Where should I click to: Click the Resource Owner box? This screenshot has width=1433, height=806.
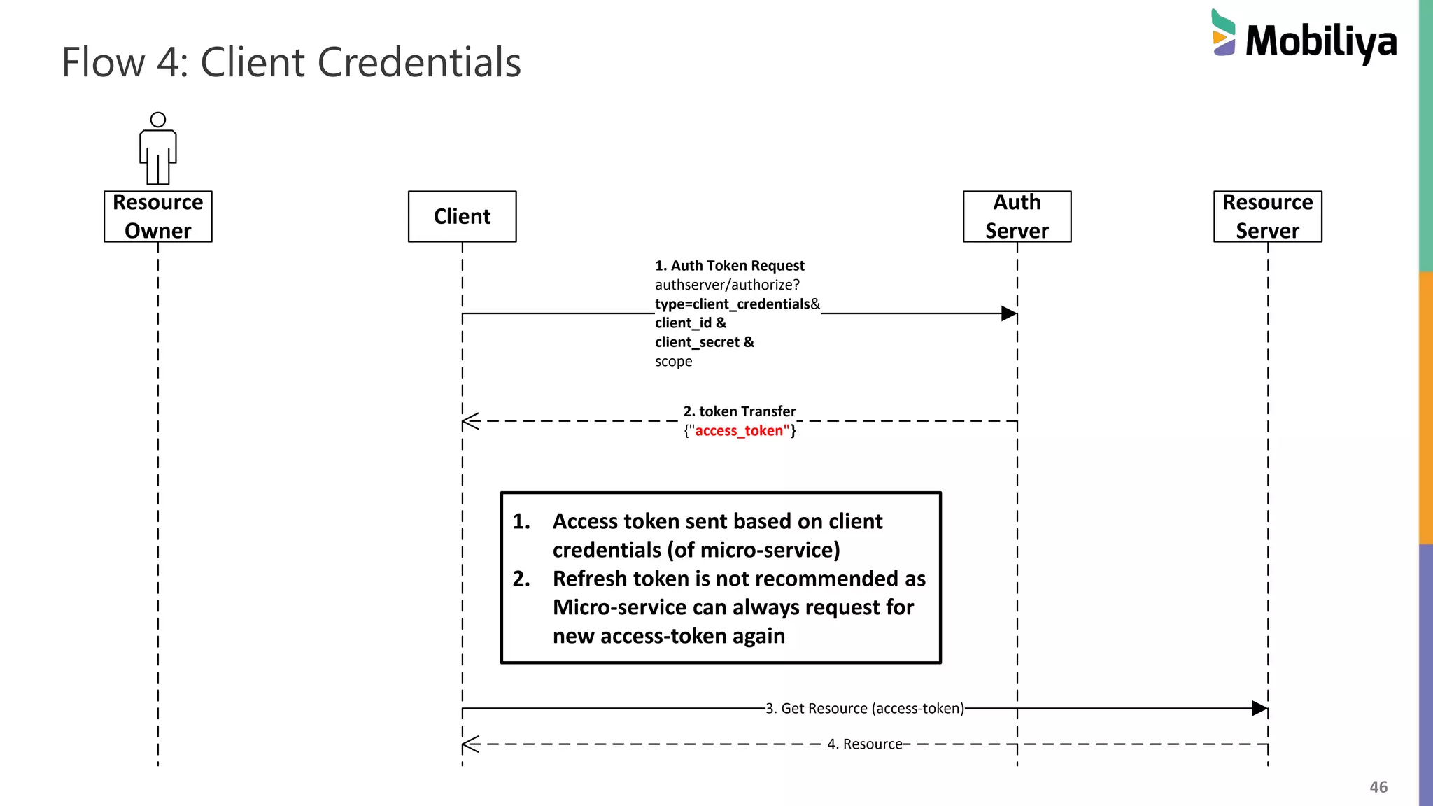pyautogui.click(x=157, y=216)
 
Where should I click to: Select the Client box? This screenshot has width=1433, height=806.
pyautogui.click(x=462, y=216)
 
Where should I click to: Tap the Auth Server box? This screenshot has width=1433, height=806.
pyautogui.click(x=1017, y=216)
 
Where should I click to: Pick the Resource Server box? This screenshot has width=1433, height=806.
pyautogui.click(x=1267, y=216)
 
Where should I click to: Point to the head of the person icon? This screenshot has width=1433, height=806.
pyautogui.click(x=158, y=120)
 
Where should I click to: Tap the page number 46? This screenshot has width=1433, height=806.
pyautogui.click(x=1378, y=787)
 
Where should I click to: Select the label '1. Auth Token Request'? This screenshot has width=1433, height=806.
pyautogui.click(x=729, y=266)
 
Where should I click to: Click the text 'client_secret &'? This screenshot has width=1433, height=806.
pyautogui.click(x=704, y=342)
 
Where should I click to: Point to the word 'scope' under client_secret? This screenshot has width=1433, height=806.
pyautogui.click(x=673, y=362)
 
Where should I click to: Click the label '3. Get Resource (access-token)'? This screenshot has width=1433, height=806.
pyautogui.click(x=864, y=708)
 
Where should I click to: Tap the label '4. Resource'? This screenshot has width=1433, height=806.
pyautogui.click(x=864, y=744)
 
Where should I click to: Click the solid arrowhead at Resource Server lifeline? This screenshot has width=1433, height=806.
pyautogui.click(x=1259, y=708)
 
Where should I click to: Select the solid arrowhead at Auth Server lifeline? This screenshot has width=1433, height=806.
pyautogui.click(x=1008, y=313)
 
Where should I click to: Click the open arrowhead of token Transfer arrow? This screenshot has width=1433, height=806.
pyautogui.click(x=470, y=421)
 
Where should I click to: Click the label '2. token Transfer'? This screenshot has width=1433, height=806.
pyautogui.click(x=740, y=411)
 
